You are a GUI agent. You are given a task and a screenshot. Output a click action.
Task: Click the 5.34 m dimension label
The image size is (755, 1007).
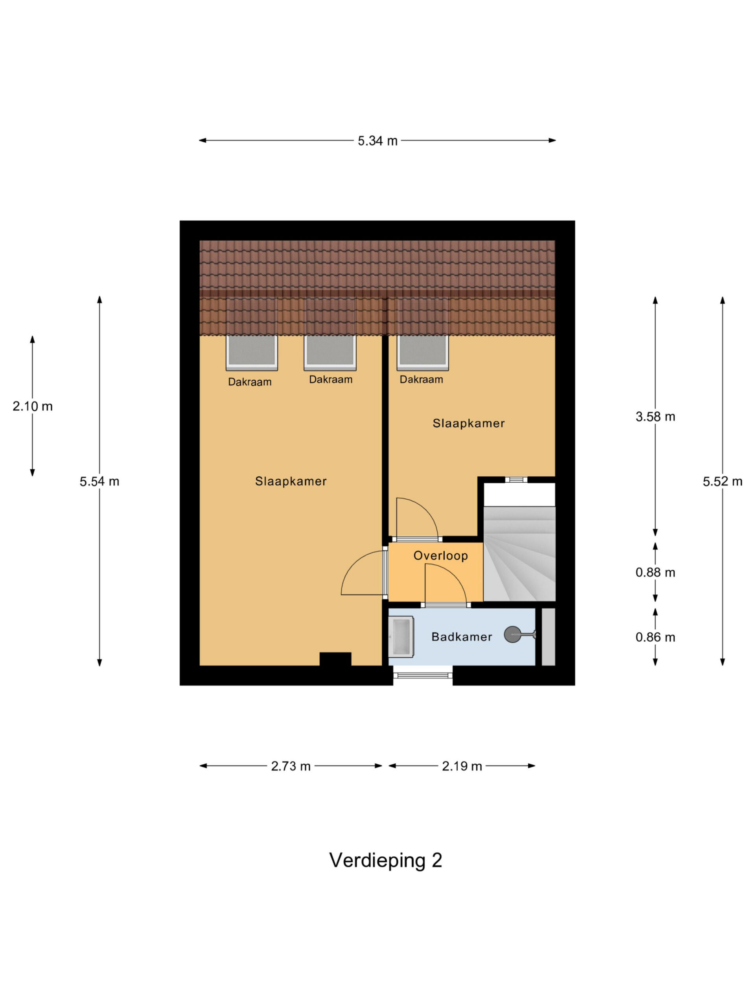click(x=377, y=141)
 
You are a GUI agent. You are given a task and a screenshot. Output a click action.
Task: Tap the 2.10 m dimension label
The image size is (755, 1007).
click(x=32, y=406)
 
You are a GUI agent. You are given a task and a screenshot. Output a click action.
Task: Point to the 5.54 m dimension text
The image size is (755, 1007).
click(x=99, y=481)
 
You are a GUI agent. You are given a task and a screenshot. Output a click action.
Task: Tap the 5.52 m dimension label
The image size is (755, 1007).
click(x=722, y=481)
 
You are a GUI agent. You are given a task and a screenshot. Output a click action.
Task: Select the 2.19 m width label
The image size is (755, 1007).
click(x=462, y=766)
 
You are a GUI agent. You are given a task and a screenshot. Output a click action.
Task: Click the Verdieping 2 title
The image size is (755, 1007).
click(x=385, y=860)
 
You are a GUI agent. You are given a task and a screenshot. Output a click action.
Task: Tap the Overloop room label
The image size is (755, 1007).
click(x=440, y=555)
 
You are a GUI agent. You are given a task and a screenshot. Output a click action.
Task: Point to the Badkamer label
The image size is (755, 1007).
click(x=462, y=637)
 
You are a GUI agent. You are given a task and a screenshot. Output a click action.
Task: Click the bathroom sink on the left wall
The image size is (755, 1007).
click(x=400, y=637)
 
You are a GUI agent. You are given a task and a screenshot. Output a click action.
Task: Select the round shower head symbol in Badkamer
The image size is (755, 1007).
click(x=512, y=634)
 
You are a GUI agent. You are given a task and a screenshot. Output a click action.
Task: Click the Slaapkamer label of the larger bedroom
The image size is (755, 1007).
click(x=291, y=481)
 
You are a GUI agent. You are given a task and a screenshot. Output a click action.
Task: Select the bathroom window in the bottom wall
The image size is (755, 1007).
click(x=423, y=675)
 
